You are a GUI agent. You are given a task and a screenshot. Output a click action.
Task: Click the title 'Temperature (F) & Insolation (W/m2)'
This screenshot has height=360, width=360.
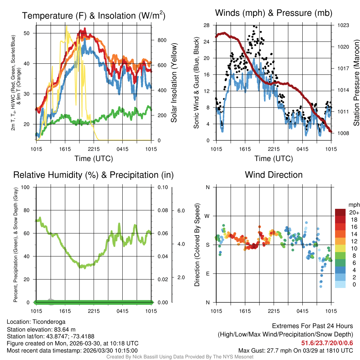click(x=94, y=15)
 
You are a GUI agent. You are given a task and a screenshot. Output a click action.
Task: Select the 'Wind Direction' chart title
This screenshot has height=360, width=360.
click(x=274, y=175)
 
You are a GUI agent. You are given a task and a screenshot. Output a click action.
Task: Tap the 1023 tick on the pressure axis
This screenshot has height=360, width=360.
click(x=343, y=25)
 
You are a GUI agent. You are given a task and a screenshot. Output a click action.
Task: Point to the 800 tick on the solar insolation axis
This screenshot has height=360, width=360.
click(x=162, y=40)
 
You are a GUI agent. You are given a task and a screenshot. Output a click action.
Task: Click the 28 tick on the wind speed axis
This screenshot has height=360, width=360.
click(x=206, y=25)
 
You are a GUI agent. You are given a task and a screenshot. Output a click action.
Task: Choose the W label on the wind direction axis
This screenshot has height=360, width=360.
click(x=207, y=216)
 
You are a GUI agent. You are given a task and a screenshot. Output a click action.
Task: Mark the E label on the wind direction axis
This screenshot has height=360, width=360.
click(x=207, y=274)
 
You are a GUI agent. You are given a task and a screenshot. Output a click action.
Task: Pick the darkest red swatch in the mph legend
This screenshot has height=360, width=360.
click(x=340, y=212)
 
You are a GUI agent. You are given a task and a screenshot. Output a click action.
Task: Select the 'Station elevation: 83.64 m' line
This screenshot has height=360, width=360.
click(x=41, y=329)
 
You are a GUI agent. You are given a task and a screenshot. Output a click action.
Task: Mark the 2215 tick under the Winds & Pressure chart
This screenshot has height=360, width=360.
click(x=274, y=149)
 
